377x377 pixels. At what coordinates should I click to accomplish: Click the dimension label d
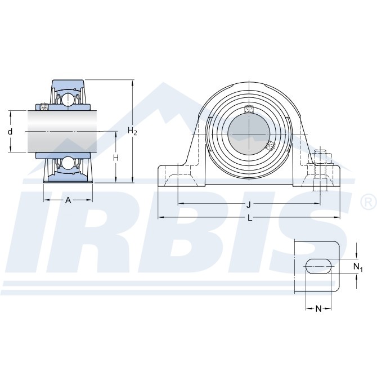10,132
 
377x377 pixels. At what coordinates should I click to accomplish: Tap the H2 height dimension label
132,131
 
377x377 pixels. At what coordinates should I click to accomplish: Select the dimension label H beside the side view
116,158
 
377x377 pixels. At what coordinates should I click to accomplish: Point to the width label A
68,200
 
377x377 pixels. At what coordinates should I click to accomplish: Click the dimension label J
249,205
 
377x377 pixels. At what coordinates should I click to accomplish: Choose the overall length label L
250,218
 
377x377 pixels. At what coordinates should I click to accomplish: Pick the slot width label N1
358,267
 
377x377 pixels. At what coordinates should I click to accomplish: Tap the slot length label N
318,308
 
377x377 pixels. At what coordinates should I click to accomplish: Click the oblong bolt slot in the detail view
318,266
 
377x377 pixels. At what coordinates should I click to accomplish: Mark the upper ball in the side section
68,99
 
